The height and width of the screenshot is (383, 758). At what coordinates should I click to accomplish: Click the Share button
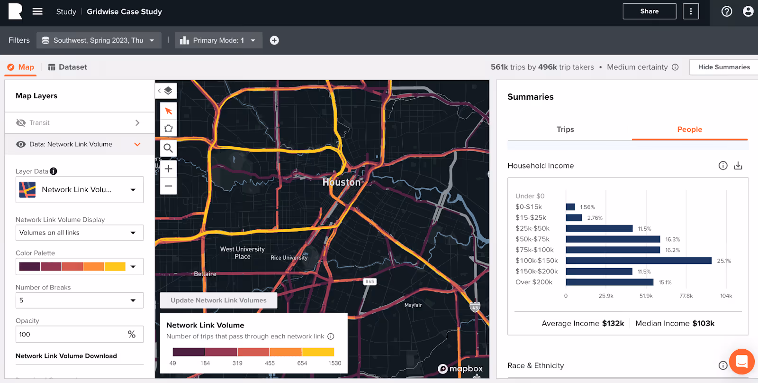pyautogui.click(x=649, y=11)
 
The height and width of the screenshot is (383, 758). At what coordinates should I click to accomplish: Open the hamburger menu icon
pyautogui.click(x=37, y=11)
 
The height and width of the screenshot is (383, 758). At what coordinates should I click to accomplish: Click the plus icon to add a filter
pyautogui.click(x=274, y=40)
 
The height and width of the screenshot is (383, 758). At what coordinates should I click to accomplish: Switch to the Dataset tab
pyautogui.click(x=68, y=67)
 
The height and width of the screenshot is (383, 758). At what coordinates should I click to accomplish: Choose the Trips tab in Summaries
pyautogui.click(x=565, y=130)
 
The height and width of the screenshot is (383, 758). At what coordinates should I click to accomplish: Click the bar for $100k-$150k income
pyautogui.click(x=638, y=261)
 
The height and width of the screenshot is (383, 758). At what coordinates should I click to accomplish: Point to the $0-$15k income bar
pyautogui.click(x=570, y=207)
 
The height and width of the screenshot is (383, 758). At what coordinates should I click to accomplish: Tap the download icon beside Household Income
pyautogui.click(x=738, y=166)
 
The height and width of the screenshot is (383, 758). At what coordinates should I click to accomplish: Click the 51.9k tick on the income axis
pyautogui.click(x=646, y=296)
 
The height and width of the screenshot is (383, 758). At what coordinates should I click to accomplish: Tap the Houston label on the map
pyautogui.click(x=342, y=182)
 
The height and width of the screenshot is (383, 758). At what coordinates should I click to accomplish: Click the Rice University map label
pyautogui.click(x=289, y=258)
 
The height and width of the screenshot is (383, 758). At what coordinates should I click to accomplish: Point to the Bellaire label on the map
pyautogui.click(x=205, y=274)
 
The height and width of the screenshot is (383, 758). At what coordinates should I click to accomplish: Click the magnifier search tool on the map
pyautogui.click(x=168, y=148)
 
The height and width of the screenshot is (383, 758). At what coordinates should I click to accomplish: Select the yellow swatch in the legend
pyautogui.click(x=318, y=352)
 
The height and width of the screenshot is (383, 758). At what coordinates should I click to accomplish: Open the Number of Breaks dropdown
pyautogui.click(x=79, y=300)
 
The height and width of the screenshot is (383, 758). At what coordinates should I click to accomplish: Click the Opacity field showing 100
pyautogui.click(x=71, y=335)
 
